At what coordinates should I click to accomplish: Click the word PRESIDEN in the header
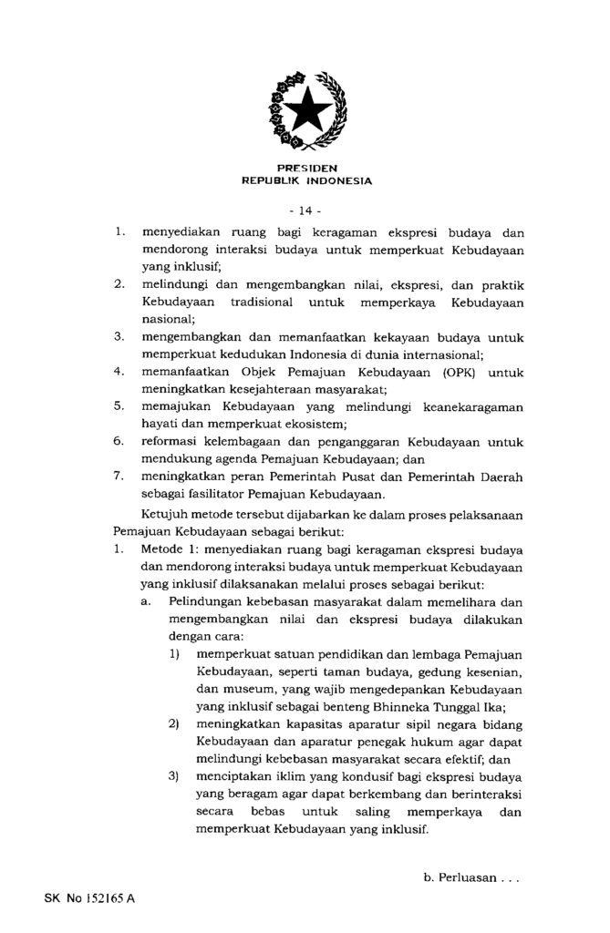[305, 169]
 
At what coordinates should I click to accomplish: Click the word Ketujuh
[165, 514]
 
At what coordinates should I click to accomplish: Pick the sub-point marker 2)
[172, 724]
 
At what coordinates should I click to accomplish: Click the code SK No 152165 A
[88, 898]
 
